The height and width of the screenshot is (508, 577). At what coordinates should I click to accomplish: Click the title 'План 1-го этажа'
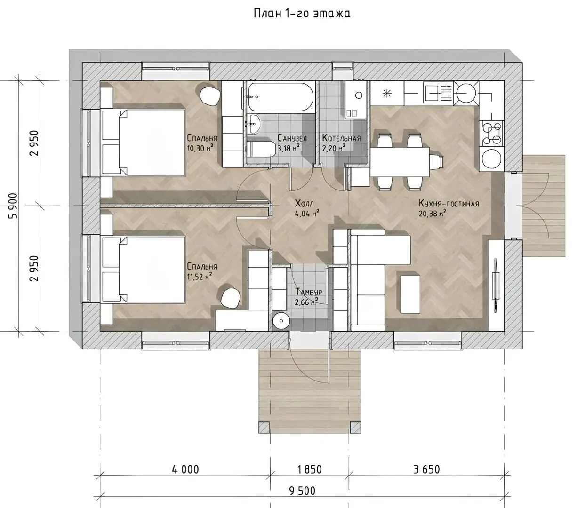pyautogui.click(x=302, y=13)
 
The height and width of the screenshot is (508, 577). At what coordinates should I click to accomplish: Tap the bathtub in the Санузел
pyautogui.click(x=280, y=97)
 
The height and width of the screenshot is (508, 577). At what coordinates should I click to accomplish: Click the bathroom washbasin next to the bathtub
pyautogui.click(x=253, y=124)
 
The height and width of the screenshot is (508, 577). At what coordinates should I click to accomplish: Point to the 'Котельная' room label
pyautogui.click(x=341, y=138)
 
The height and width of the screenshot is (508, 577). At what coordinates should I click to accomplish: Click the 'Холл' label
pyautogui.click(x=304, y=204)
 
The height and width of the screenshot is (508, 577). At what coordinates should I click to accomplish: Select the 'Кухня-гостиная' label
pyautogui.click(x=449, y=204)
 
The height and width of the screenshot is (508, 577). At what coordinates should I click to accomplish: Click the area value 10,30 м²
pyautogui.click(x=200, y=148)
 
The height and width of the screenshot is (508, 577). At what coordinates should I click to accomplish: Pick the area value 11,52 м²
pyautogui.click(x=200, y=276)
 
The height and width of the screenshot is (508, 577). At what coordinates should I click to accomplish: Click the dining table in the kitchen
pyautogui.click(x=400, y=162)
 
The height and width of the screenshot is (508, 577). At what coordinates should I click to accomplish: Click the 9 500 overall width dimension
pyautogui.click(x=302, y=491)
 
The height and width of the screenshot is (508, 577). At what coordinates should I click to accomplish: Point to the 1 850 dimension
pyautogui.click(x=309, y=469)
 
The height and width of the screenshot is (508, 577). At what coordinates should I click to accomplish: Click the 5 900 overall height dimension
pyautogui.click(x=13, y=206)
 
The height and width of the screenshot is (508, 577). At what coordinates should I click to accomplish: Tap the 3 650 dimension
pyautogui.click(x=426, y=469)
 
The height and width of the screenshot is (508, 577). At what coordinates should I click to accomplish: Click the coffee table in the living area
pyautogui.click(x=410, y=294)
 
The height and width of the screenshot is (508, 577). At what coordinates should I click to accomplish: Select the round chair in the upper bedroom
pyautogui.click(x=210, y=95)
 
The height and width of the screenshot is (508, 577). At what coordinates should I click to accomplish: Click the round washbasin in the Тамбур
pyautogui.click(x=281, y=321)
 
